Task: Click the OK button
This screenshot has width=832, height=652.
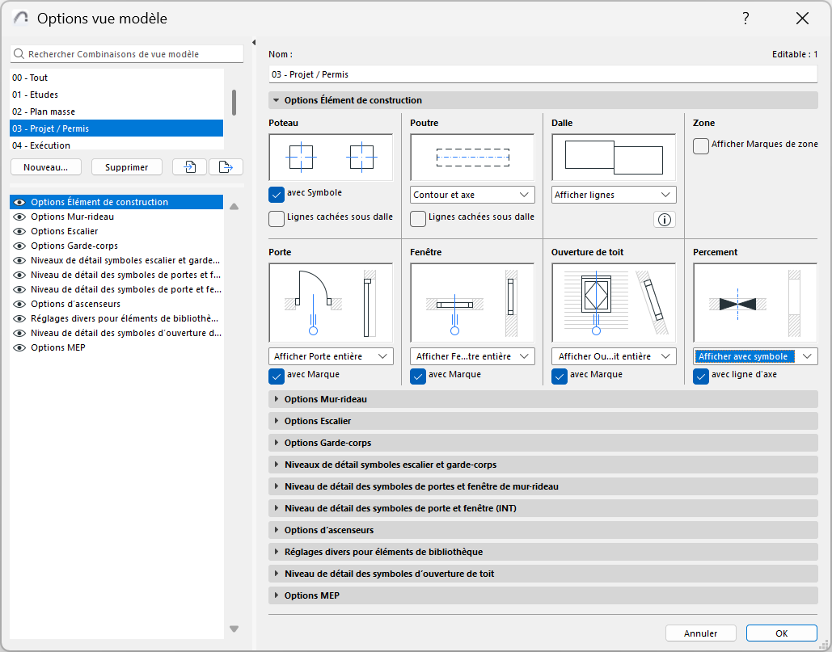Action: (781, 633)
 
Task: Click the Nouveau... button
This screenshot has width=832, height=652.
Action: (46, 167)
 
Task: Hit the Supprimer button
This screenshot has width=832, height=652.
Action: (127, 167)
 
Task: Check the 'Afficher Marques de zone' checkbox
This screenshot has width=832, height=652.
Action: (701, 145)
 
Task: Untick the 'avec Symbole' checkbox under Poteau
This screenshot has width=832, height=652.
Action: (277, 194)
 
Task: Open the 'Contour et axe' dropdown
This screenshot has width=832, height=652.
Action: (472, 195)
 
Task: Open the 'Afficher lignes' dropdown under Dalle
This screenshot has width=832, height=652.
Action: (614, 195)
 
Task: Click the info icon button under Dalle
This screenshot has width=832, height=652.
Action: (664, 220)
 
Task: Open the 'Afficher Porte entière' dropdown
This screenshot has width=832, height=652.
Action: (330, 356)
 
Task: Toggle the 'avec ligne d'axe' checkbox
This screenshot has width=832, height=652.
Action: (701, 376)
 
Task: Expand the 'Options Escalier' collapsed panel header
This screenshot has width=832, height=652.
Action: (317, 421)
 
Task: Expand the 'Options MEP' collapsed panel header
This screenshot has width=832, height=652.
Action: (311, 595)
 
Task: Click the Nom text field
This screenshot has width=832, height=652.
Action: (543, 74)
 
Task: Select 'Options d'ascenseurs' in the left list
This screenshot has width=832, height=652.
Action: (75, 304)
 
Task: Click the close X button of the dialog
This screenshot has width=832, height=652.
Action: (802, 19)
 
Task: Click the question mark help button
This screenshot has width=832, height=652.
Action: (745, 19)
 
